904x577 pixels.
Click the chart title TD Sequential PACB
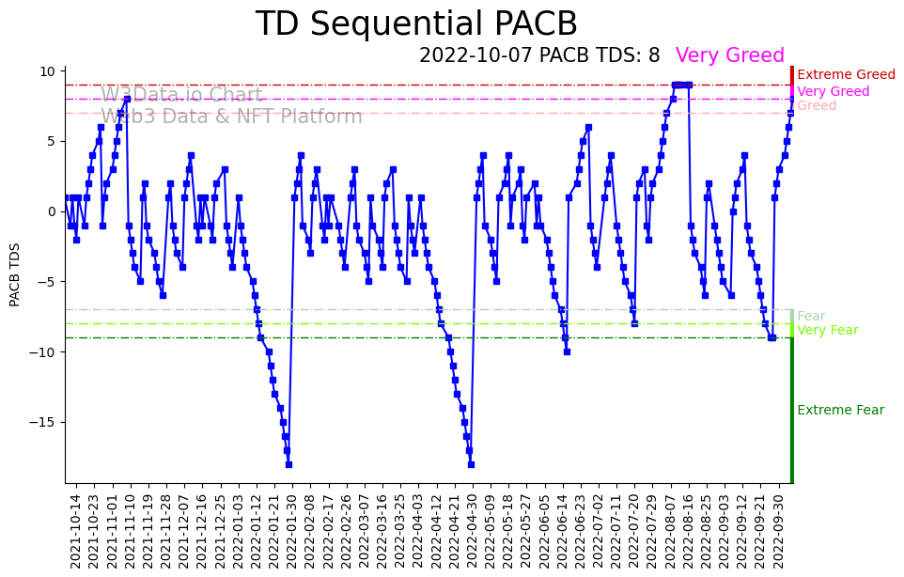coord(416,24)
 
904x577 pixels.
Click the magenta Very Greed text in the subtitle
coord(729,55)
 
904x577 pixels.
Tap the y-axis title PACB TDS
coord(15,274)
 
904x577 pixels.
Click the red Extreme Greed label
coord(846,75)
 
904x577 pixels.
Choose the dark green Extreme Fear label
coord(840,411)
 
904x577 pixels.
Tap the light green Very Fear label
coord(827,331)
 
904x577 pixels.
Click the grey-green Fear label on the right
coord(811,317)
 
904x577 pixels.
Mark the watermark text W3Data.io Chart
coord(181,95)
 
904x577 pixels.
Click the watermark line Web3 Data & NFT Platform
coord(231,117)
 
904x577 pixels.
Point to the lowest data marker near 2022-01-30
coord(288,464)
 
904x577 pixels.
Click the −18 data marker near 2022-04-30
coord(471,464)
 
